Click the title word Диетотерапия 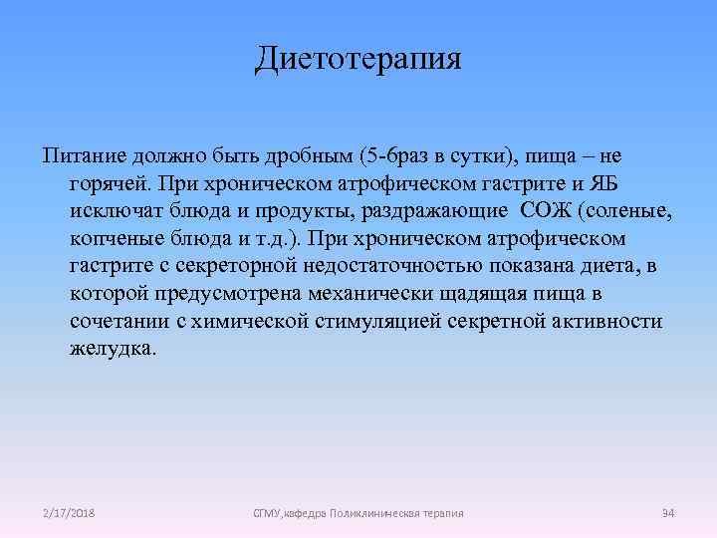coord(358,58)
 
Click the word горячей coord(115,185)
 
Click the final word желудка coord(113,351)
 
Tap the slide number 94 coord(668,512)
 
